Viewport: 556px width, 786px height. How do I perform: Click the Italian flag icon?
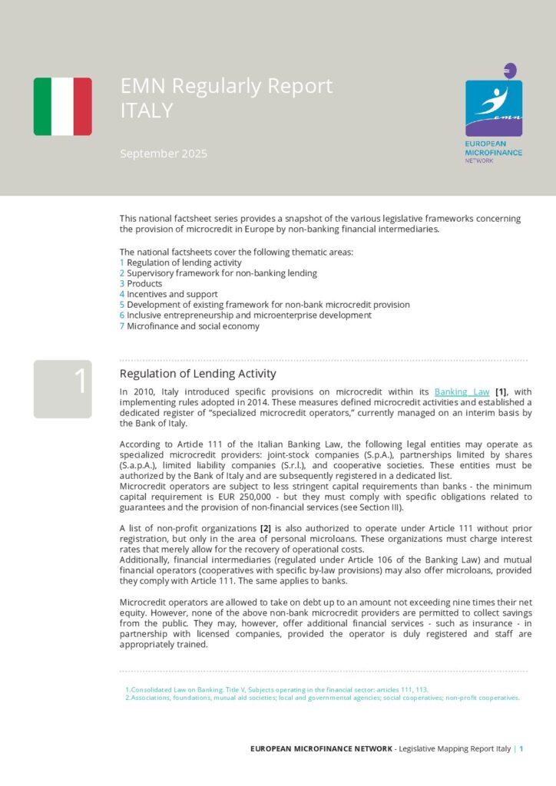click(x=62, y=107)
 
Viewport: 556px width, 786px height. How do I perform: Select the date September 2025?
click(x=164, y=154)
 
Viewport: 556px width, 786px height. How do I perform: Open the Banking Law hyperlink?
click(x=462, y=391)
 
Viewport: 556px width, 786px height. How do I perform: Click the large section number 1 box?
click(x=62, y=388)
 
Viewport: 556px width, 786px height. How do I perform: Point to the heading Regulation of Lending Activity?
click(x=197, y=374)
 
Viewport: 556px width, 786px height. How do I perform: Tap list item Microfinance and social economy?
click(x=193, y=325)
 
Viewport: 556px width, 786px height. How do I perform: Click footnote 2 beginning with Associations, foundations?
click(x=323, y=698)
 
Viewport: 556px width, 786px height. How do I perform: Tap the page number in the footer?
click(x=521, y=748)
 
